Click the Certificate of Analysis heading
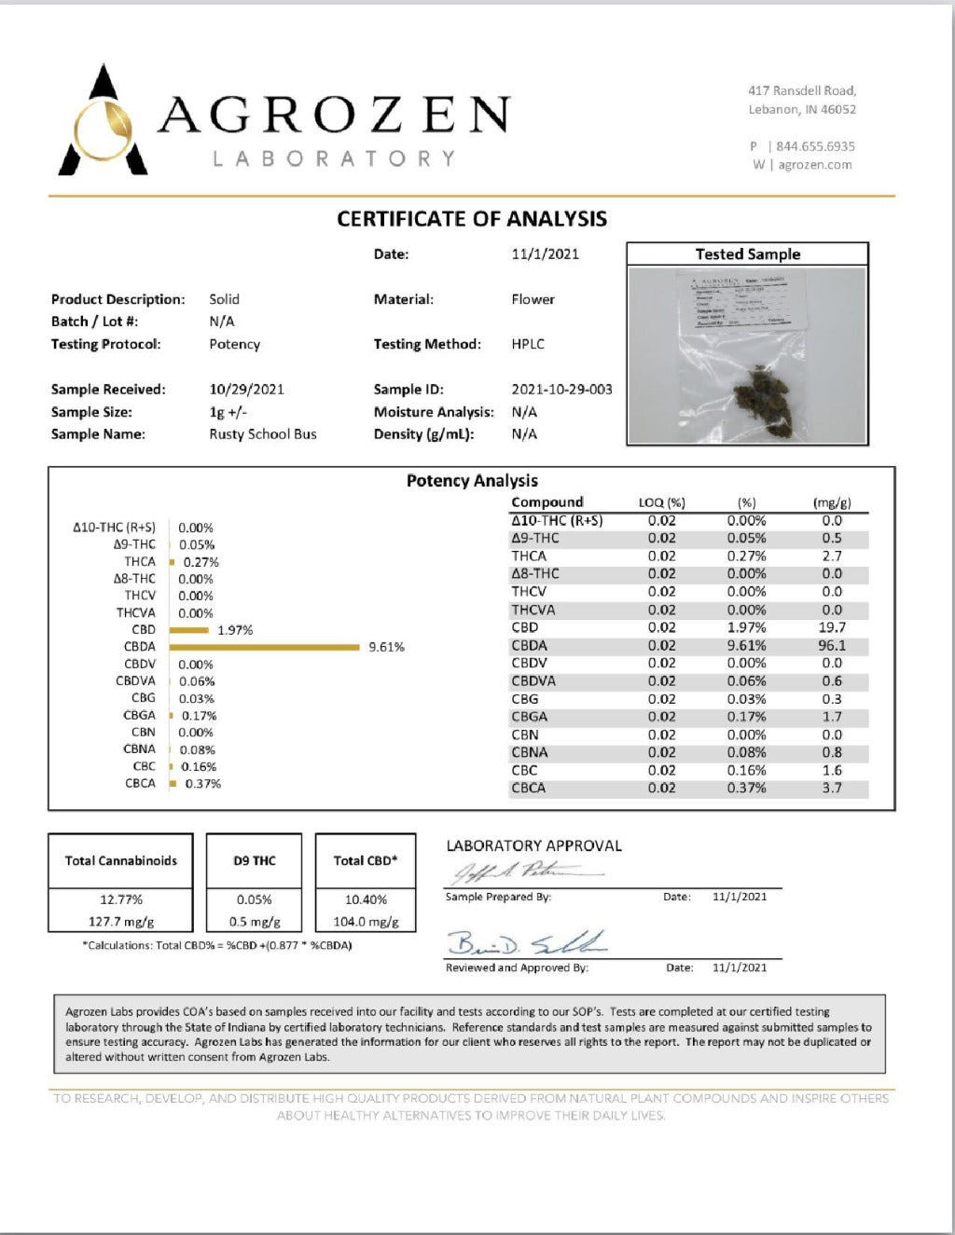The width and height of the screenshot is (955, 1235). pyautogui.click(x=472, y=219)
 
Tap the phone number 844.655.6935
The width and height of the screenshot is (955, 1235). pyautogui.click(x=815, y=146)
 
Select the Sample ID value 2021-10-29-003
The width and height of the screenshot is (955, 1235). pyautogui.click(x=561, y=390)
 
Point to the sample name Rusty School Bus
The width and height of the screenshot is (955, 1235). pyautogui.click(x=263, y=434)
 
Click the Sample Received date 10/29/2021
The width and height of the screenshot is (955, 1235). pyautogui.click(x=246, y=390)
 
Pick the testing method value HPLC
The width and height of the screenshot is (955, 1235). pyautogui.click(x=528, y=344)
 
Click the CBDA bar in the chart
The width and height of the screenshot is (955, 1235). pyautogui.click(x=265, y=647)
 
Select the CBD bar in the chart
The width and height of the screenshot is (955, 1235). pyautogui.click(x=189, y=630)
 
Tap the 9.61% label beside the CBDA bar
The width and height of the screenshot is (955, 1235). pyautogui.click(x=386, y=647)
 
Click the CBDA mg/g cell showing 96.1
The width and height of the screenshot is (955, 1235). pyautogui.click(x=832, y=645)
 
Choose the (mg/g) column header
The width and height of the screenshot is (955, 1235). pyautogui.click(x=832, y=502)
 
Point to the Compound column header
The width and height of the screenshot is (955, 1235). pyautogui.click(x=547, y=501)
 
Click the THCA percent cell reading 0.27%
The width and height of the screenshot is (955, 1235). pyautogui.click(x=746, y=556)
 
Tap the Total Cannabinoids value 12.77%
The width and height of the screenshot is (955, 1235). pyautogui.click(x=121, y=899)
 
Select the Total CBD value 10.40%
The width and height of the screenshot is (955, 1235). pyautogui.click(x=366, y=899)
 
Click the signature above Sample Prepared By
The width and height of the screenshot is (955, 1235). pyautogui.click(x=522, y=873)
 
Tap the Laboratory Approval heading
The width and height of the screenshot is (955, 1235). pyautogui.click(x=533, y=846)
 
